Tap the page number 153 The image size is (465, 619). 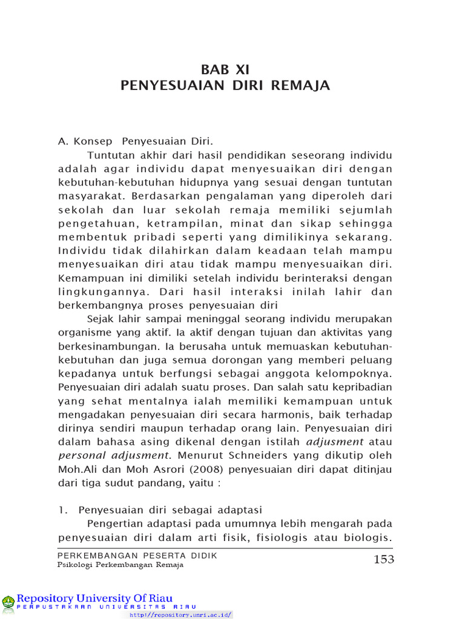[x=384, y=559]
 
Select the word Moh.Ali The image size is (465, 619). [x=77, y=469]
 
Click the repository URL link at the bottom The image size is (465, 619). [x=180, y=614]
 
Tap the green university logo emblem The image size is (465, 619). [x=8, y=601]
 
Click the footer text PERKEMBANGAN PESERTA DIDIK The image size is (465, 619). [x=137, y=555]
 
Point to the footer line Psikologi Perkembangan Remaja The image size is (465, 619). [x=120, y=565]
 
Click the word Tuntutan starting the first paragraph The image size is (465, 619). [x=110, y=155]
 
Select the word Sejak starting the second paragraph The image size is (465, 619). [x=100, y=319]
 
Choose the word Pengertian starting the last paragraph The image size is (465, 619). [x=114, y=523]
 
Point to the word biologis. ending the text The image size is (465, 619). [x=370, y=537]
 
